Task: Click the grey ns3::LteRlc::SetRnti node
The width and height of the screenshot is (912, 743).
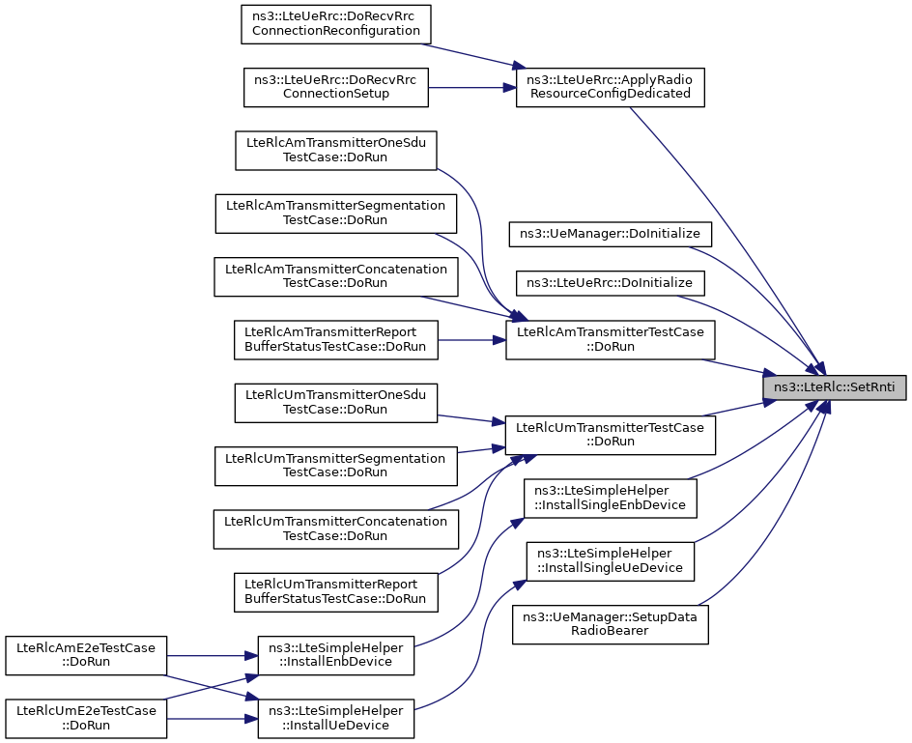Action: coord(835,387)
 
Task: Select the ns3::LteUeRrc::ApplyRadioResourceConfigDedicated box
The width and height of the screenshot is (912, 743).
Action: coord(611,87)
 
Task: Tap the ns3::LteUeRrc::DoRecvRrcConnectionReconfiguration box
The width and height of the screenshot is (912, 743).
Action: coord(336,24)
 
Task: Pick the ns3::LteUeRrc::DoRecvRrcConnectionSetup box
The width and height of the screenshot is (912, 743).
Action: coord(336,87)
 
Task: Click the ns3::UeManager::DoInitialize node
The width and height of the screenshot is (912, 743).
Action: coord(611,234)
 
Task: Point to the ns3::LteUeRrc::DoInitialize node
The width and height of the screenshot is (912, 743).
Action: coord(611,283)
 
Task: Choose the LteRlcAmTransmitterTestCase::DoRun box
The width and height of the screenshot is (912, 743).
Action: coord(611,340)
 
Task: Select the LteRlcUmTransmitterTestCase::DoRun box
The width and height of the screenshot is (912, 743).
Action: coord(611,435)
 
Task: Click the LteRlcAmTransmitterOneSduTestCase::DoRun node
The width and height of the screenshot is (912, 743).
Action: coord(336,151)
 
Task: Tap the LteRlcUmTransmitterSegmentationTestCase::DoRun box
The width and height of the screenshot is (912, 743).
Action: coord(336,466)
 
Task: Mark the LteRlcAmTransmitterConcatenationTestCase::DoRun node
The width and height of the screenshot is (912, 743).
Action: coord(336,276)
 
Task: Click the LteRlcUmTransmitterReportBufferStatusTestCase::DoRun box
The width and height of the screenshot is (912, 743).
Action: coord(336,592)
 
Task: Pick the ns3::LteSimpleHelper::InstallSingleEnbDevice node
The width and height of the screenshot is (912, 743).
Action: coord(611,498)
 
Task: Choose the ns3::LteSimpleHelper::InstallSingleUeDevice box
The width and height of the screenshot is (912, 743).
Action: coord(611,561)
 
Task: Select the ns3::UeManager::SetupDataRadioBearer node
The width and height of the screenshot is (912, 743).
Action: coord(611,624)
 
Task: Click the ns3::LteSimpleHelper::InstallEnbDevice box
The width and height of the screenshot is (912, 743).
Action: coord(336,655)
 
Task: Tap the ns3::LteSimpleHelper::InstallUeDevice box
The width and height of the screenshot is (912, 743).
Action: coord(336,719)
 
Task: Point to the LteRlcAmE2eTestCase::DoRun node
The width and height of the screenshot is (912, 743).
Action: coord(86,655)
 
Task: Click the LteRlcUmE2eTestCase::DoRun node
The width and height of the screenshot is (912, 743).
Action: coord(86,719)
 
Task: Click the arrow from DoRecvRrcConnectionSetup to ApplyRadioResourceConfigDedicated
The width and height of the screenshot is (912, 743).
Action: coord(472,88)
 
